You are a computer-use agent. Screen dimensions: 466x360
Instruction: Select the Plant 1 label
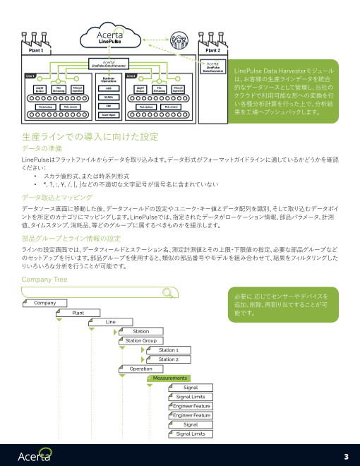pyautogui.click(x=36, y=51)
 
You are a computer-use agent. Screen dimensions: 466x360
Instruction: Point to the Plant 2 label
pyautogui.click(x=212, y=51)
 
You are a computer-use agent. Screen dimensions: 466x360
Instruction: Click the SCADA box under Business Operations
pyautogui.click(x=109, y=97)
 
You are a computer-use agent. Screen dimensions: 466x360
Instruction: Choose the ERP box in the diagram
pyautogui.click(x=109, y=105)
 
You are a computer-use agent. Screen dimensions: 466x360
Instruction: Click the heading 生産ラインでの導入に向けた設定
pyautogui.click(x=90, y=136)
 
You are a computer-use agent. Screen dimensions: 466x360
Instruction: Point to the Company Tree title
pyautogui.click(x=45, y=280)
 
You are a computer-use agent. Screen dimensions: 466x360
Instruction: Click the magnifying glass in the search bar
pyautogui.click(x=167, y=293)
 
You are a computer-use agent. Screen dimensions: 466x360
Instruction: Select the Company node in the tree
pyautogui.click(x=45, y=303)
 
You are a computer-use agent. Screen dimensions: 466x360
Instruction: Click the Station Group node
pyautogui.click(x=140, y=340)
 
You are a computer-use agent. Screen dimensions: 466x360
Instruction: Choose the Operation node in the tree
pyautogui.click(x=141, y=369)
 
